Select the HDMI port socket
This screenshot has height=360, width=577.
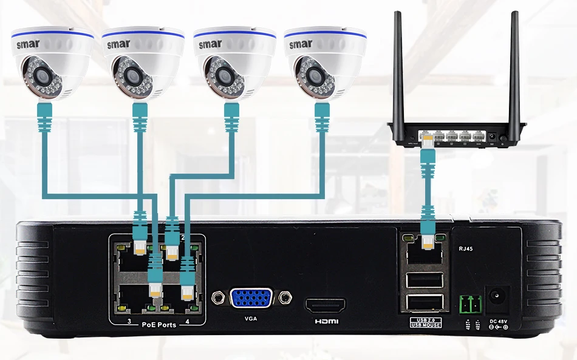(x=325, y=304)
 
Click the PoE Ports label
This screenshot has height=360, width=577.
(x=159, y=325)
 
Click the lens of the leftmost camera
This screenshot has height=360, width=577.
(x=41, y=76)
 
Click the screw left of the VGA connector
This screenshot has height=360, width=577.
(x=217, y=298)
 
